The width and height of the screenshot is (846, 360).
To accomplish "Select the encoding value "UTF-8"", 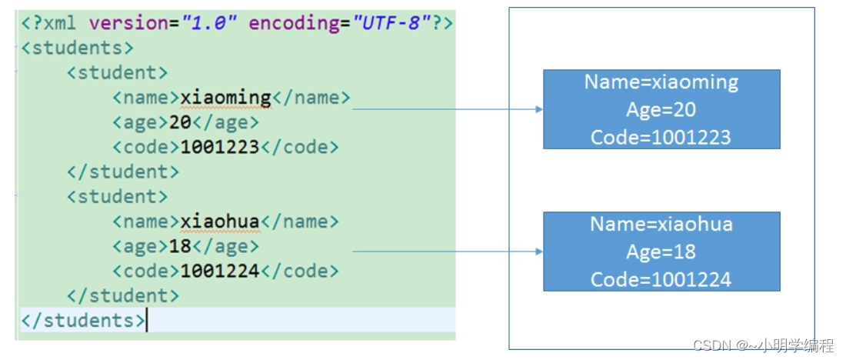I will (x=392, y=23).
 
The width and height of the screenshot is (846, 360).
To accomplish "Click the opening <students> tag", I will (x=77, y=48).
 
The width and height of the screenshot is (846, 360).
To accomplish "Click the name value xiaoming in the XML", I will (x=225, y=98).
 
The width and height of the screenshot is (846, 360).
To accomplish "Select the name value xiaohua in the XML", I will (x=220, y=222).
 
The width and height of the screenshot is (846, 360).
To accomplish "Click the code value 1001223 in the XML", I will (x=220, y=147).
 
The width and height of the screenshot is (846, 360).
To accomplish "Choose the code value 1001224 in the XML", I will (x=220, y=271).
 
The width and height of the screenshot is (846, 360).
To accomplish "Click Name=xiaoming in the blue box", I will (x=661, y=82).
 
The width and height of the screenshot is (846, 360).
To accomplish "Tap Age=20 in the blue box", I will (x=661, y=110).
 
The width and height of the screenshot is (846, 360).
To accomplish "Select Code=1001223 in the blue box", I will (x=661, y=137).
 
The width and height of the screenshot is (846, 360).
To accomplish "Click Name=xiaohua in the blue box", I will (x=661, y=225).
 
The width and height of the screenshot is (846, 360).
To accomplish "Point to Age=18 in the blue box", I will (x=661, y=252).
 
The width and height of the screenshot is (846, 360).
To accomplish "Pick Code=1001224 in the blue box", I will (x=661, y=279).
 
